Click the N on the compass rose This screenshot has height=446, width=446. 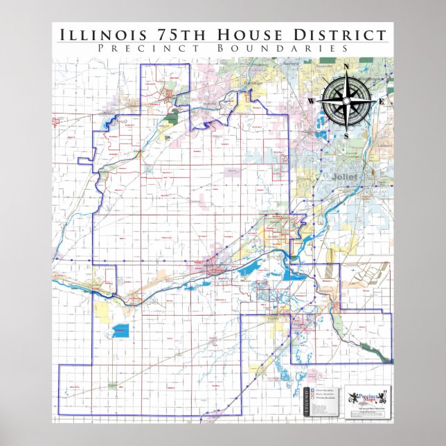[346, 67]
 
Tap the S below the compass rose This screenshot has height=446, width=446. [346, 136]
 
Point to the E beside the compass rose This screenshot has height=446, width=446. [381, 102]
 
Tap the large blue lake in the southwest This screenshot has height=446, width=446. [121, 330]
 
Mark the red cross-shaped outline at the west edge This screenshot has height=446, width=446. [55, 123]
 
